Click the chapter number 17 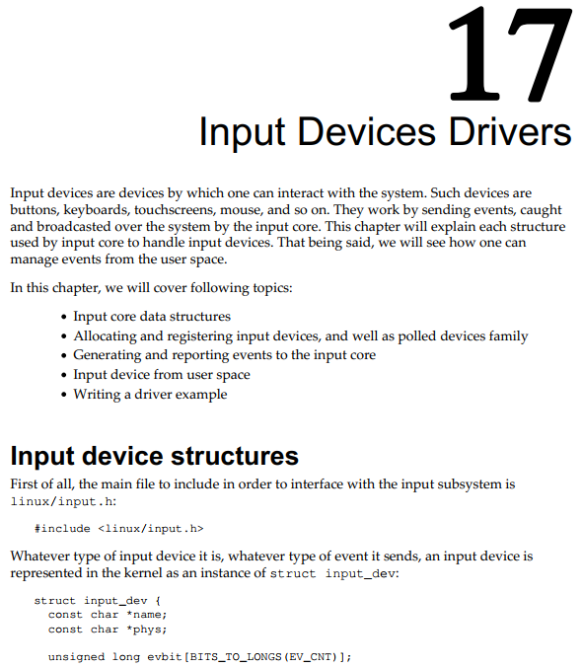(510, 54)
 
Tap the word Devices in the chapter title (366, 131)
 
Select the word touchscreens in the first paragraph (176, 210)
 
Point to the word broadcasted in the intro (73, 226)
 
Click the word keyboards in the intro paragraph (97, 210)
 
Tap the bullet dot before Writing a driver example (64, 395)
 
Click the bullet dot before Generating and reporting (64, 356)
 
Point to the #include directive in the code (62, 529)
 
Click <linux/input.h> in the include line (151, 529)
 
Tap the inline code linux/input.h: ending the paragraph (63, 501)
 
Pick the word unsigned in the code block (76, 657)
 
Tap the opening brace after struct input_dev (158, 601)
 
